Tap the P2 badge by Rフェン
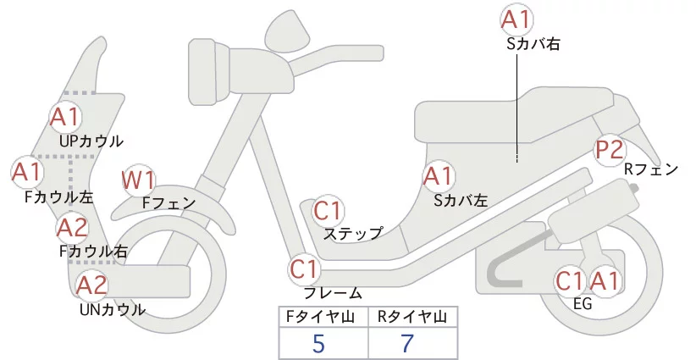[610, 150]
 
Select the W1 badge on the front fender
[139, 180]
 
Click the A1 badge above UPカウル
[65, 116]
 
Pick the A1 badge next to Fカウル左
[27, 172]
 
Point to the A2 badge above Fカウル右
[72, 227]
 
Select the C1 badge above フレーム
[304, 269]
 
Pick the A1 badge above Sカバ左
[438, 176]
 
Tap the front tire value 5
[318, 343]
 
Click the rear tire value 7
[409, 343]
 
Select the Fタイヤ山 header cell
[323, 317]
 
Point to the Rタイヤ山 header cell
[412, 317]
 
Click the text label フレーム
[333, 293]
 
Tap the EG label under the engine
[583, 304]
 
